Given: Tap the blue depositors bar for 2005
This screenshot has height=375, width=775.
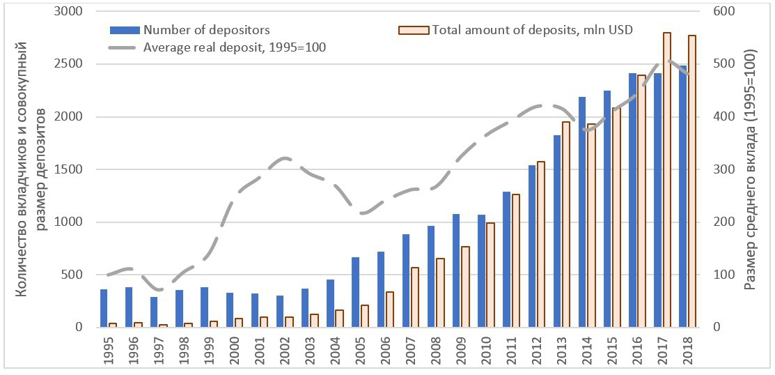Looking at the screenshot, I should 355,292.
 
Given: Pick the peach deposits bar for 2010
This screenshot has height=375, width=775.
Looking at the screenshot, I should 490,275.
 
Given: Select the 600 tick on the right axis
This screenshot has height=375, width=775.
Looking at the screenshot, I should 723,12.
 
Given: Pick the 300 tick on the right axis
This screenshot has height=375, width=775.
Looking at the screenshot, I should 723,169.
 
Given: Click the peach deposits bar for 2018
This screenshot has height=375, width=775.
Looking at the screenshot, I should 691,181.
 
